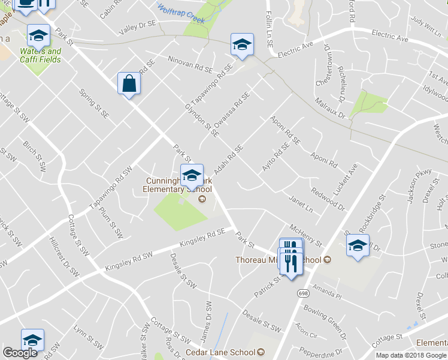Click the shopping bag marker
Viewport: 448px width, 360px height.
129,84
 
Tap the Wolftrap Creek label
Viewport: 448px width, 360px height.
180,14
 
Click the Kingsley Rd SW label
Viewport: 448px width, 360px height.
129,262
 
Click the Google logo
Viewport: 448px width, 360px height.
19,353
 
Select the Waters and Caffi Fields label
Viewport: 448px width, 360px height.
41,55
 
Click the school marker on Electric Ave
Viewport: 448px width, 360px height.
242,46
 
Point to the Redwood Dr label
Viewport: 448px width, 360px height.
328,199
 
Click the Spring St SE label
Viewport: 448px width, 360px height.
95,103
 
